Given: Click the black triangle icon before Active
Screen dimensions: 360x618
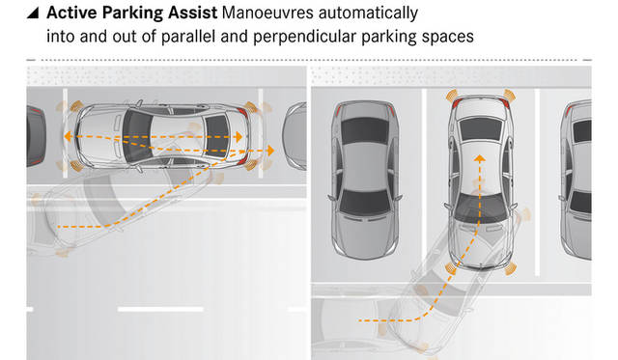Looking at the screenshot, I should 35,15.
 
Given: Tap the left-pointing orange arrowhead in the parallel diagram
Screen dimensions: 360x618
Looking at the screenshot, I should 69,139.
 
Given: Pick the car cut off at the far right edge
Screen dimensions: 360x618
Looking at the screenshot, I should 580,179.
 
